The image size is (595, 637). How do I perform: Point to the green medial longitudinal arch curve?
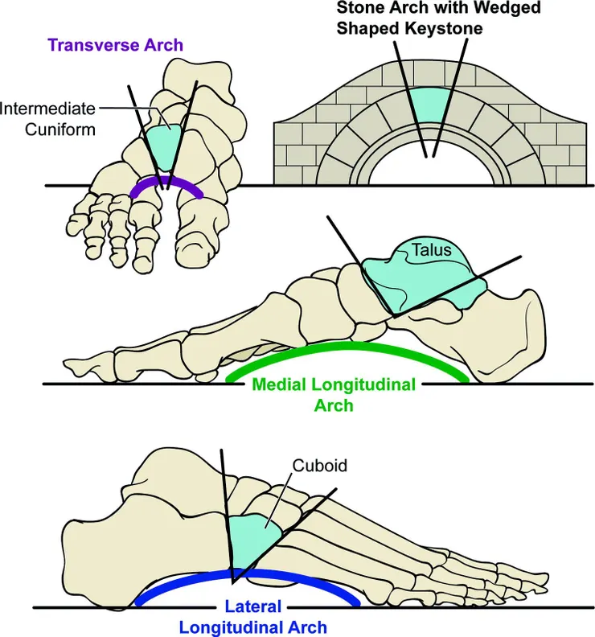tap(346, 348)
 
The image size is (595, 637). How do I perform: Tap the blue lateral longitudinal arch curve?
tap(249, 573)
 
